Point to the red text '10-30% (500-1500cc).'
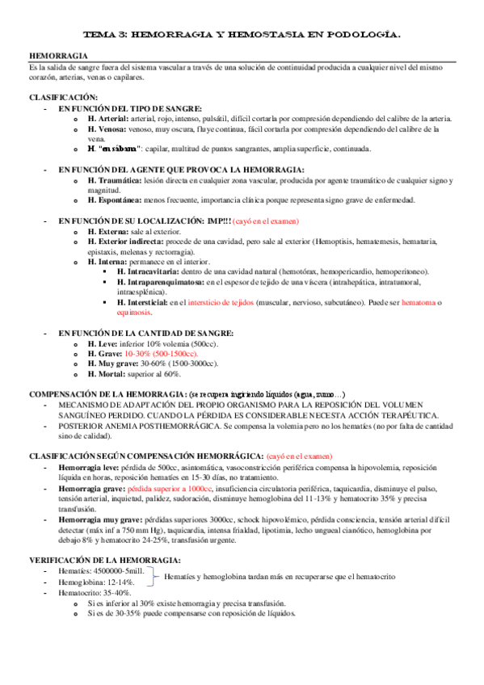tap(162, 354)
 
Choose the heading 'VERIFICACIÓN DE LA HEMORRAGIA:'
tap(105, 560)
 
